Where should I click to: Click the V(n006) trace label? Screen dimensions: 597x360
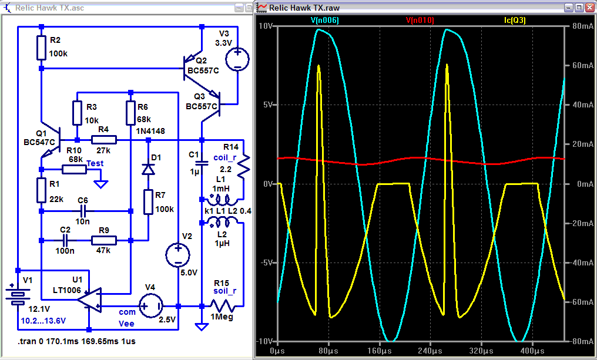coord(324,21)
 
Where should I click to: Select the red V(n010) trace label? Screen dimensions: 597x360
coord(420,21)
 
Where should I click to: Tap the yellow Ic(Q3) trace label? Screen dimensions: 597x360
coord(515,21)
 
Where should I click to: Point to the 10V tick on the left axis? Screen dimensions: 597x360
coord(266,26)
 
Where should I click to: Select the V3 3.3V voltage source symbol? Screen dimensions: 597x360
coord(237,59)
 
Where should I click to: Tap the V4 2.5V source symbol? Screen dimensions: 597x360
coord(151,305)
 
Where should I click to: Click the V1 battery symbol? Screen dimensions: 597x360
coord(17,296)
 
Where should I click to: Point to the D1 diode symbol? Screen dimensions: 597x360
coord(148,169)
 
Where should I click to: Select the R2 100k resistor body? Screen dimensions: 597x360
coord(42,48)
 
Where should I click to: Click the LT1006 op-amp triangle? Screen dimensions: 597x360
coord(89,300)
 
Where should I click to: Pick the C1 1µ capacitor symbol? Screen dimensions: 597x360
coord(202,163)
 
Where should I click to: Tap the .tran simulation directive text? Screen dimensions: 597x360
coord(76,341)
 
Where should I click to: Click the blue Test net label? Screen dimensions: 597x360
coord(95,163)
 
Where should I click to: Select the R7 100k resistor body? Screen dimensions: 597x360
coord(148,202)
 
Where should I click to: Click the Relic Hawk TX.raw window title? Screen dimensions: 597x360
coord(304,8)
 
